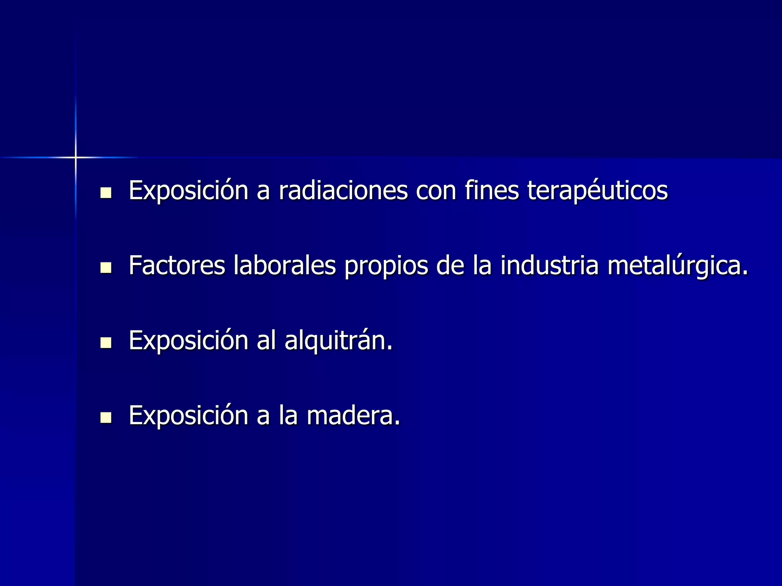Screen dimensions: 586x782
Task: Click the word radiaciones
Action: (x=343, y=190)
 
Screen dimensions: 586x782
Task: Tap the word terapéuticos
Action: (x=597, y=190)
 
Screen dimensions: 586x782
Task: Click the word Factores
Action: (x=177, y=265)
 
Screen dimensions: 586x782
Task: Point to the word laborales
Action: (x=285, y=265)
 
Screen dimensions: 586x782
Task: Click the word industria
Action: (x=549, y=265)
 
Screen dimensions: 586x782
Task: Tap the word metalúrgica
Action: (x=677, y=266)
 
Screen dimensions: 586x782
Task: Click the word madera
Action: (x=353, y=415)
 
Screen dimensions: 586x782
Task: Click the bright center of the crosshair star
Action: (x=76, y=157)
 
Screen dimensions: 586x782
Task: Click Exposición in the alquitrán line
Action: (x=189, y=340)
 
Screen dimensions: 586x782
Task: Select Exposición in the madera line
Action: (x=189, y=415)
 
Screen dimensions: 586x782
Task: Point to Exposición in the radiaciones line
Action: (x=189, y=190)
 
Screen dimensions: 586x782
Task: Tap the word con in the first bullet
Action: (x=436, y=190)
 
